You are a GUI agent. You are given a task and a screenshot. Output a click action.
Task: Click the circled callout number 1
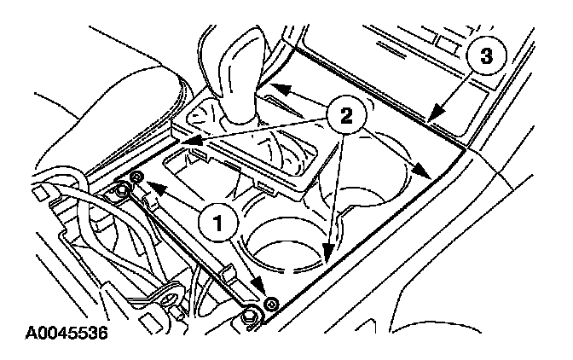(219, 222)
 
